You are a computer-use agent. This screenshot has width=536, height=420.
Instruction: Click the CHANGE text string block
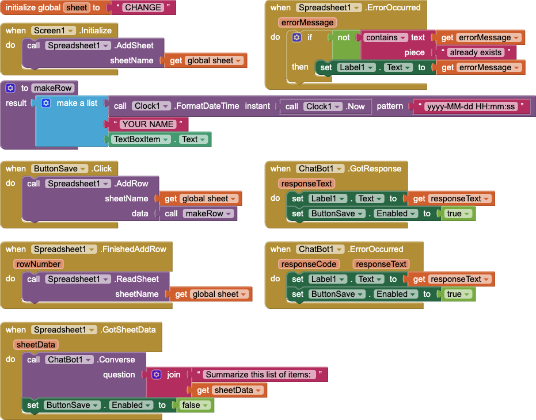[x=143, y=7]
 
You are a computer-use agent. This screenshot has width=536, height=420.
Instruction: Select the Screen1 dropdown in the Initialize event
[x=54, y=30]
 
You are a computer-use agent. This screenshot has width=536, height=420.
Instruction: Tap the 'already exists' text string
[x=476, y=52]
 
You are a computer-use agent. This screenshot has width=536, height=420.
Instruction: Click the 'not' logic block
[x=344, y=37]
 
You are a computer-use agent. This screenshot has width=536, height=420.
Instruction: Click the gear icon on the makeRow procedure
[x=10, y=88]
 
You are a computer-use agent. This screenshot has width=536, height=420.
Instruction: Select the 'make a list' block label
[x=77, y=103]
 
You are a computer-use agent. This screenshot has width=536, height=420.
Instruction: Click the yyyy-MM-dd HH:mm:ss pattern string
[x=471, y=106]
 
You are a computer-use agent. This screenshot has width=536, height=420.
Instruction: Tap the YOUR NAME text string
[x=147, y=124]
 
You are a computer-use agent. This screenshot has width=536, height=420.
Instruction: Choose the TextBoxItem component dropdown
[x=142, y=139]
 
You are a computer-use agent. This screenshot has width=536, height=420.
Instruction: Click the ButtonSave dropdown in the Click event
[x=59, y=169]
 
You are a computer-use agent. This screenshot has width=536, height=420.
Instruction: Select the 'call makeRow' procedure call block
[x=198, y=213]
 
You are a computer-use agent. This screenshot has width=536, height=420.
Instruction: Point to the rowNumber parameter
[x=39, y=264]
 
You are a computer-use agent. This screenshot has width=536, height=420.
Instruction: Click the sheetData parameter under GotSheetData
[x=36, y=345]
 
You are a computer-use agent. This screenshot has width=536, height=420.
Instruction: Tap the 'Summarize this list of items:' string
[x=259, y=375]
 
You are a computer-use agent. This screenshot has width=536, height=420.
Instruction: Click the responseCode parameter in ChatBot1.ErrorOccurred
[x=309, y=264]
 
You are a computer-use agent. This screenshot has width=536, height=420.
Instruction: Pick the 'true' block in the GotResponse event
[x=458, y=213]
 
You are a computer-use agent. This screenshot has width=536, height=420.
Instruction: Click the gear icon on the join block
[x=156, y=375]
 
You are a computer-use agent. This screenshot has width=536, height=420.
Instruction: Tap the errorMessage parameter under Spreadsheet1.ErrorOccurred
[x=307, y=22]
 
